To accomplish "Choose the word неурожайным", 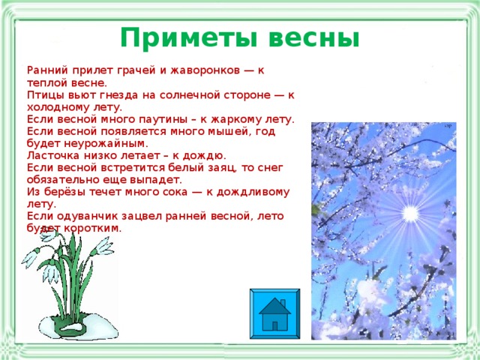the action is point(115,144).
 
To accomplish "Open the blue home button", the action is point(274,313).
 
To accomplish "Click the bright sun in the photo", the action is point(410,214).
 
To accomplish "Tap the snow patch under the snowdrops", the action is point(78,327).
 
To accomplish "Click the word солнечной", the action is point(194,96).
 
